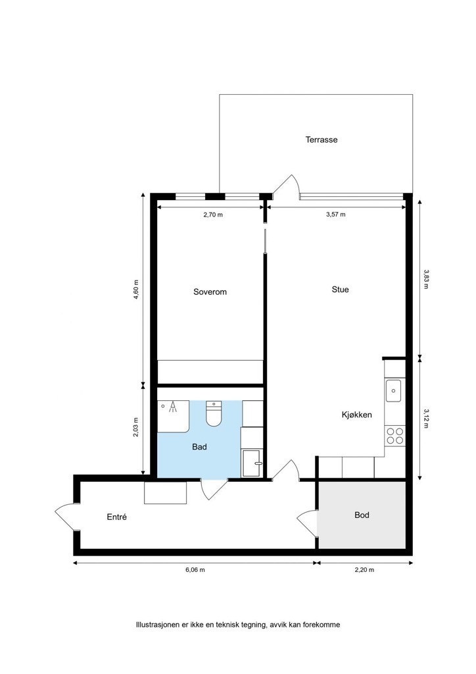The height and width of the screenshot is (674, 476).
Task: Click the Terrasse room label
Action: click(321, 140)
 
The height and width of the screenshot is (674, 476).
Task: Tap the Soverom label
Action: click(210, 292)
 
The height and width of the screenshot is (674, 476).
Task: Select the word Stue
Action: click(340, 289)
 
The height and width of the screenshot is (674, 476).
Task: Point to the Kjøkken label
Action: click(357, 415)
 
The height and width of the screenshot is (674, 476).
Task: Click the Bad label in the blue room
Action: click(199, 447)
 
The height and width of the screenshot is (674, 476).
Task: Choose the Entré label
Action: click(116, 517)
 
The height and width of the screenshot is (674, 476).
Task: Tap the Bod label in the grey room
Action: click(362, 515)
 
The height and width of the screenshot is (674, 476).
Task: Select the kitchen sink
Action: click(394, 390)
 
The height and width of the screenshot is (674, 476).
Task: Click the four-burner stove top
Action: click(394, 435)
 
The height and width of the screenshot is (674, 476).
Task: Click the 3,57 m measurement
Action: click(335, 215)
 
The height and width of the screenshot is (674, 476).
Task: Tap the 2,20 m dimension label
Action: click(365, 570)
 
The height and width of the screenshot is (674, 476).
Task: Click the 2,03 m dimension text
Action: click(136, 428)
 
